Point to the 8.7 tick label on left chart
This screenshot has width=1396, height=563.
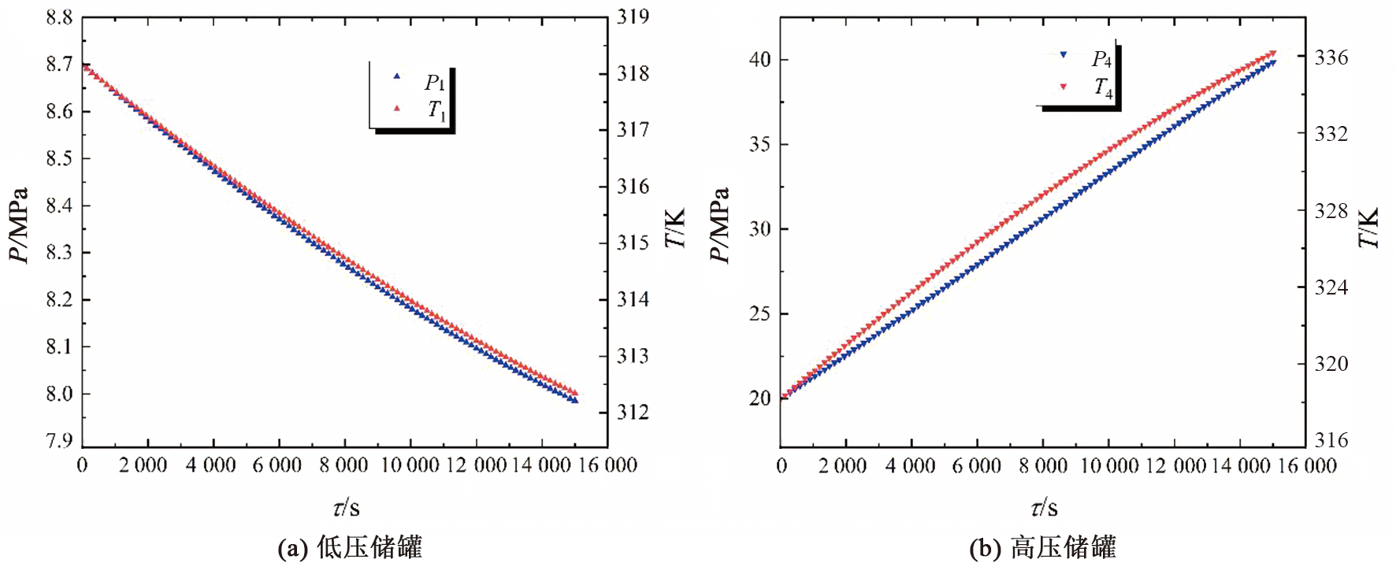pos(59,65)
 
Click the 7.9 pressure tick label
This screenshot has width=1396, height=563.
pos(59,440)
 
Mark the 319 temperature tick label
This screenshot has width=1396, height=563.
pos(633,17)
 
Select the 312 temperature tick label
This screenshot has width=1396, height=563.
pos(633,412)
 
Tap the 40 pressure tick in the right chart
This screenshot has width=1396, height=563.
pos(759,60)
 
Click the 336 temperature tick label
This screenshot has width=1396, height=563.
pos(1331,57)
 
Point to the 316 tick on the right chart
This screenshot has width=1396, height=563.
pos(1331,440)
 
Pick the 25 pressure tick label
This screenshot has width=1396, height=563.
pos(759,314)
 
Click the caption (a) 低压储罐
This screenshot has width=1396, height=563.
pos(351,547)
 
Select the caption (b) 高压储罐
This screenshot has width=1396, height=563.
pos(1042,547)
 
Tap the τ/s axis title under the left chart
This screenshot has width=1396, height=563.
pos(347,508)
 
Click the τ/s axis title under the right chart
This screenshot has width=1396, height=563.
pos(1045,508)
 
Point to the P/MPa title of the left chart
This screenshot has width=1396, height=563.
pos(18,226)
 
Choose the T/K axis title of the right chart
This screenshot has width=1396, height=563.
pos(1368,228)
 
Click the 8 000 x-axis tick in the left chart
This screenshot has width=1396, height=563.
pos(343,465)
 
